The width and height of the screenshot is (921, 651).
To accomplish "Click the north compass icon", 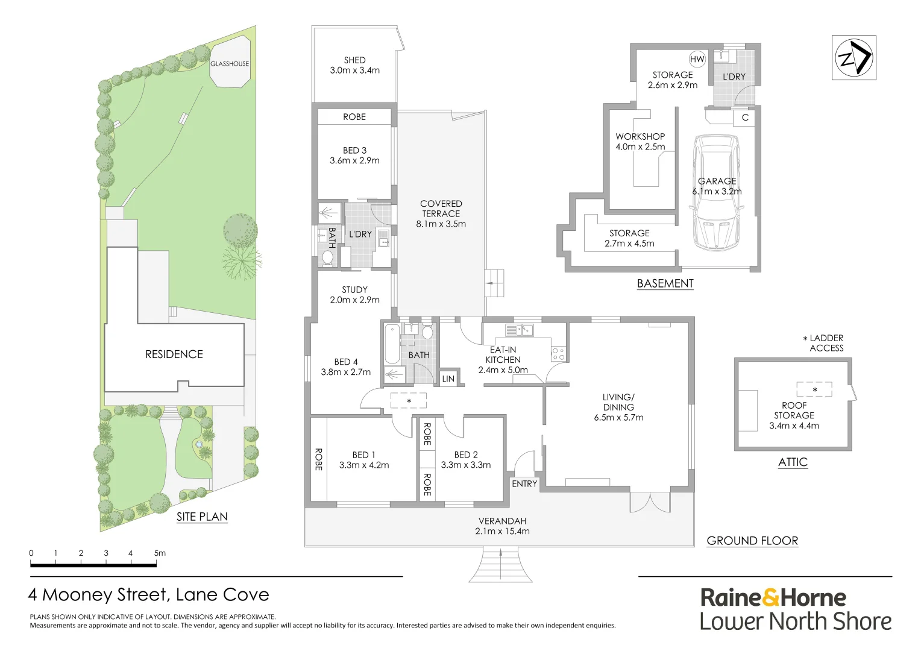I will point(853,58).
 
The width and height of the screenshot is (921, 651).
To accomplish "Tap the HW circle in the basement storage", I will point(697,59).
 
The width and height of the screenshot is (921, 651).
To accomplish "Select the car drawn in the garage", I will point(717,192).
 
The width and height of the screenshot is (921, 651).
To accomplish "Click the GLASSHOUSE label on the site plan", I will point(230,63).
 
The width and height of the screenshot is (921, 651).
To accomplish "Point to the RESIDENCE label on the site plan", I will point(174,354).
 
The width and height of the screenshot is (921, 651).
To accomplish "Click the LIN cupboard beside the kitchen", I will point(448,379).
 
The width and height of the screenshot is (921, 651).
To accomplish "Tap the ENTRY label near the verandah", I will point(524,483).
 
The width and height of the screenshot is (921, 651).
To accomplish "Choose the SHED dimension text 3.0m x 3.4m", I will point(354,71).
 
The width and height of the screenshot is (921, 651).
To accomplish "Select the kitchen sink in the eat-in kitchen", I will point(519,330).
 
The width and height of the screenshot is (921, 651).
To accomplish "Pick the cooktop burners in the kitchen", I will point(558,353).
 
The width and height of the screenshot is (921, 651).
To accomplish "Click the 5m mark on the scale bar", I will point(159,553).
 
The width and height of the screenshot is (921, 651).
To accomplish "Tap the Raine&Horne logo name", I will point(773,598).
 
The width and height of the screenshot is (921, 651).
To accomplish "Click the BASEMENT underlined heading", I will point(665,283).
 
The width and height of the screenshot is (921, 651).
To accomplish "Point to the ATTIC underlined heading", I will point(793,462).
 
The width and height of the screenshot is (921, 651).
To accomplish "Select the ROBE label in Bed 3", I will point(354,117).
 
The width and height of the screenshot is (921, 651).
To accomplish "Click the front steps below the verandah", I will point(500,565).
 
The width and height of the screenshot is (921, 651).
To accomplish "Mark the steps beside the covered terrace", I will point(494,283).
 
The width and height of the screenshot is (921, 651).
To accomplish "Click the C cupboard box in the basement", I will point(745,118).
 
